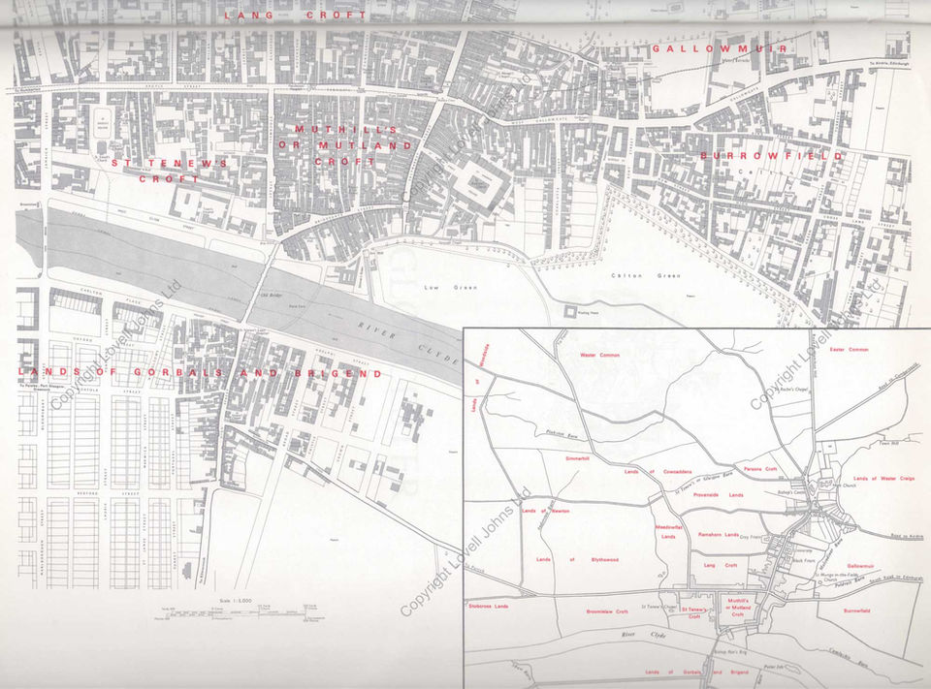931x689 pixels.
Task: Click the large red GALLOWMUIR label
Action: (x=720, y=47)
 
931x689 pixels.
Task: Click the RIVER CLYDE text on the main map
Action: (x=411, y=339)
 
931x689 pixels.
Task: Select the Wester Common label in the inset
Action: (x=598, y=355)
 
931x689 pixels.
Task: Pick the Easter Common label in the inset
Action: (x=850, y=350)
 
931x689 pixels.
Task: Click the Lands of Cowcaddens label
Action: (x=658, y=471)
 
